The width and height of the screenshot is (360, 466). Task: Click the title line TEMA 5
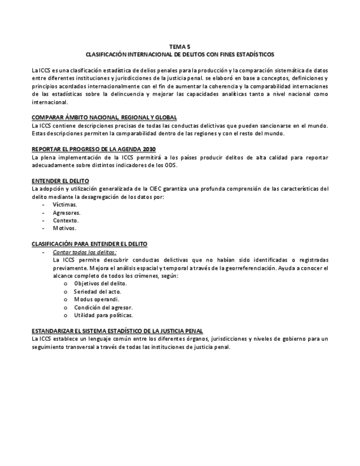coord(180,47)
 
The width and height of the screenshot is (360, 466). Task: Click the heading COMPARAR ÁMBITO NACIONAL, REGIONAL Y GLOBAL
coord(104,118)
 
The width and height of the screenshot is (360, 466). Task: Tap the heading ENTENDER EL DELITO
coord(60,181)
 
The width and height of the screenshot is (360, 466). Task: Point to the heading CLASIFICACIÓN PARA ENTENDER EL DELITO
coord(90,243)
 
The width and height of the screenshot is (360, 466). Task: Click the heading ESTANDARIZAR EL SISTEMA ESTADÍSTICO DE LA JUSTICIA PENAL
coord(118,331)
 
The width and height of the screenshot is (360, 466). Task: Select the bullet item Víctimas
coord(65,204)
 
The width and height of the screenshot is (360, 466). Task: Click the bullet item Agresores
coord(67,212)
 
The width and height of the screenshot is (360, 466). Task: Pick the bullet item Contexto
coord(66,220)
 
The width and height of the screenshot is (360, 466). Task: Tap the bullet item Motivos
coord(65,228)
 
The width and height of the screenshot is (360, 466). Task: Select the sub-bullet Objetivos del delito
coord(101,284)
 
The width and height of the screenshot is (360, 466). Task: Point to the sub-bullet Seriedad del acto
coord(98,291)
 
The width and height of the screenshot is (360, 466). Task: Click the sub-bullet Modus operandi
coord(97,299)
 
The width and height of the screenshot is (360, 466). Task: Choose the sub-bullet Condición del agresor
coord(103,307)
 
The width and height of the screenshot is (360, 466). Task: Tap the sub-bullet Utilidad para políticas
coord(103,315)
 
